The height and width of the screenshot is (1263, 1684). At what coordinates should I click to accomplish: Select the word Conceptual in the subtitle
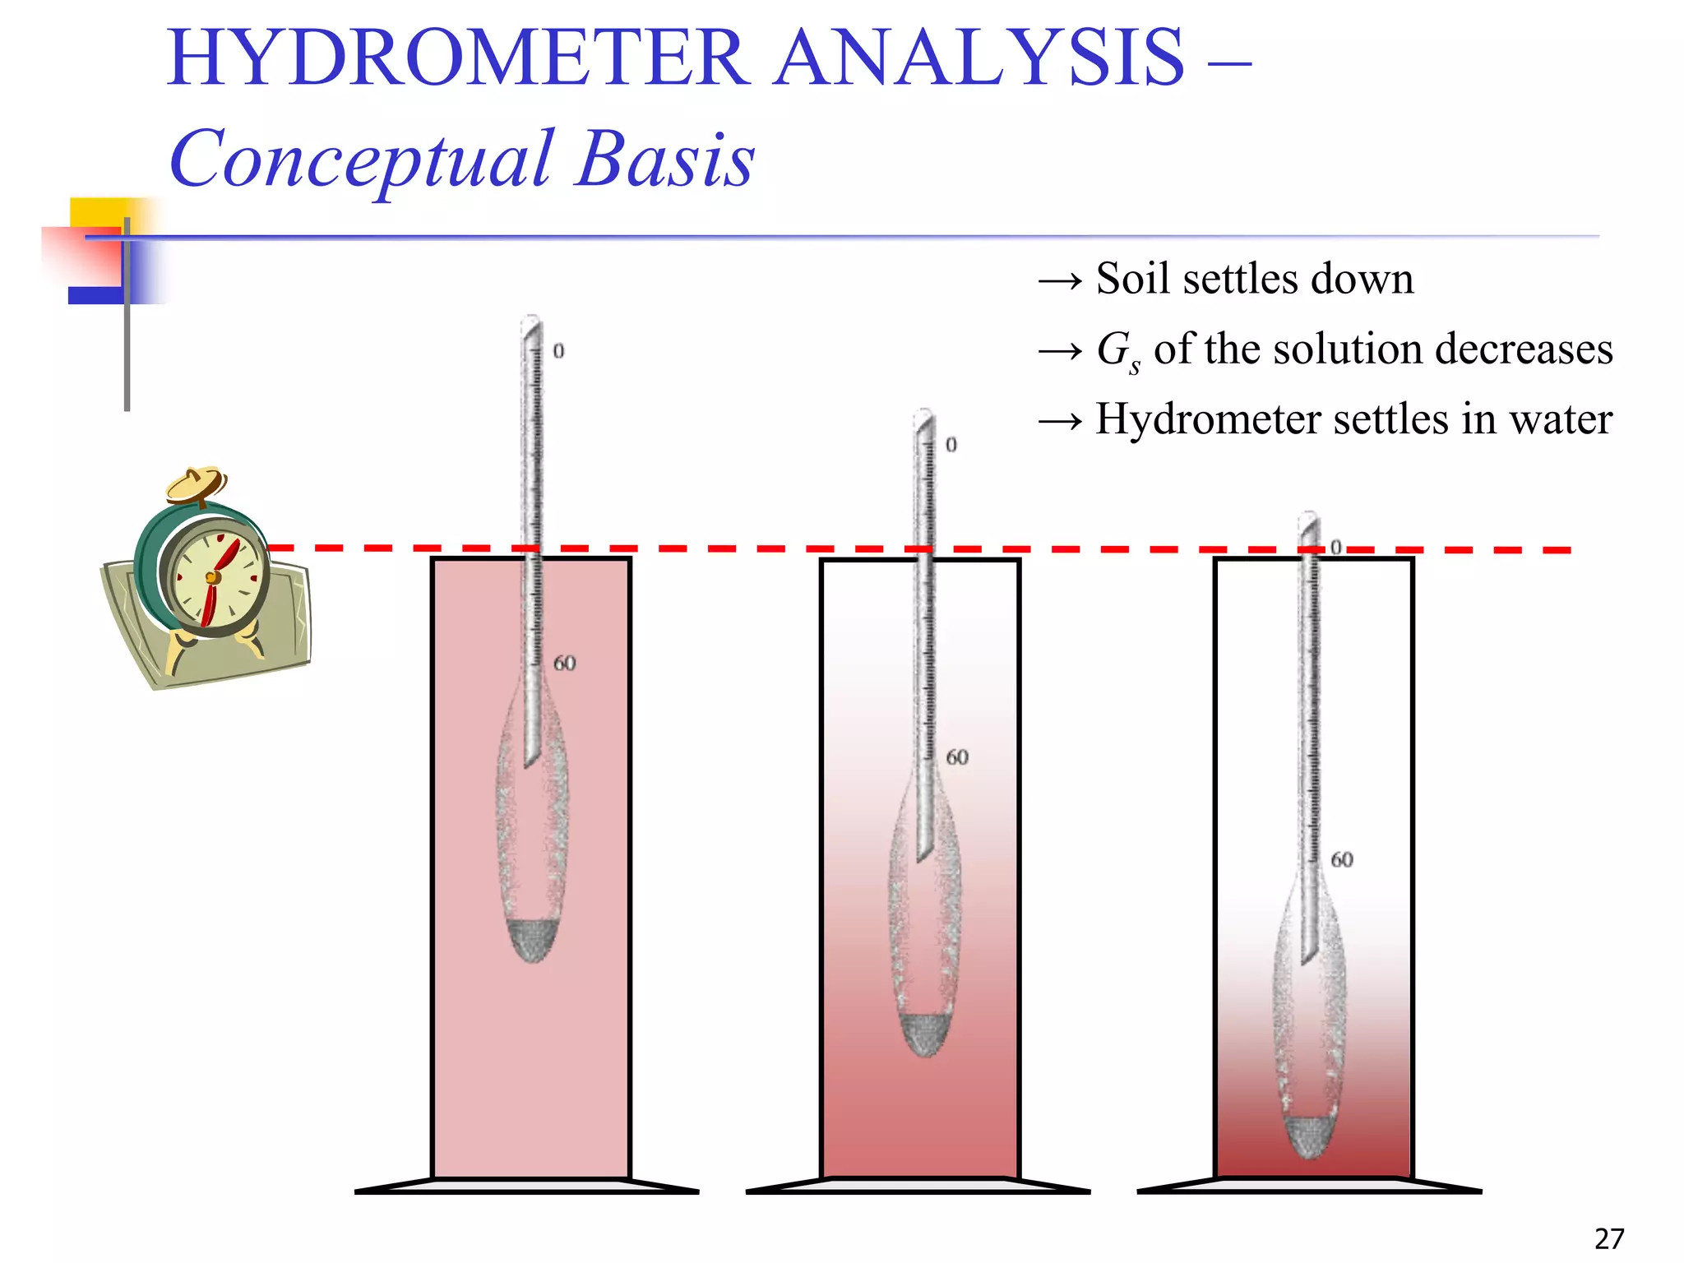[x=360, y=160]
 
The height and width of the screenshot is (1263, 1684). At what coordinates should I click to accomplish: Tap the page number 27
[x=1609, y=1238]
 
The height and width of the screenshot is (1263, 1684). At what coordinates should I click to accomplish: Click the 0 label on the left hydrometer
[x=558, y=351]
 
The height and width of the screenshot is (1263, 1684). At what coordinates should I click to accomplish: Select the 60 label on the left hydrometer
[x=564, y=663]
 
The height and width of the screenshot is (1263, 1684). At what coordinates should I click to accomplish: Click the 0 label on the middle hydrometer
[x=951, y=445]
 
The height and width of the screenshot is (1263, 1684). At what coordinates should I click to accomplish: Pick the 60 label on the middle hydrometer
[x=957, y=756]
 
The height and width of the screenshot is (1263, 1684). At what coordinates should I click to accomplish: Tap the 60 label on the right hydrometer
[x=1342, y=859]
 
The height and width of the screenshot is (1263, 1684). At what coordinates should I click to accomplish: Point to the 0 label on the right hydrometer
[x=1336, y=547]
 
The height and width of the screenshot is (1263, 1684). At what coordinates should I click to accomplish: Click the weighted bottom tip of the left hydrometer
[x=532, y=941]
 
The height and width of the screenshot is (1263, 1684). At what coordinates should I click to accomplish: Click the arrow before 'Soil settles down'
[x=1060, y=281]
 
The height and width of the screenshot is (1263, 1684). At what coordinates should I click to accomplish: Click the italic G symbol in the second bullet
[x=1114, y=349]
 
